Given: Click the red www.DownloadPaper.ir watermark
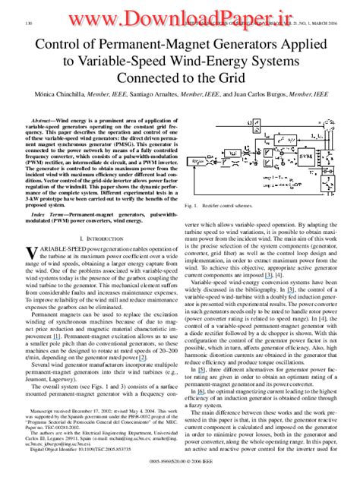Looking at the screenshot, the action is click(180, 14).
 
